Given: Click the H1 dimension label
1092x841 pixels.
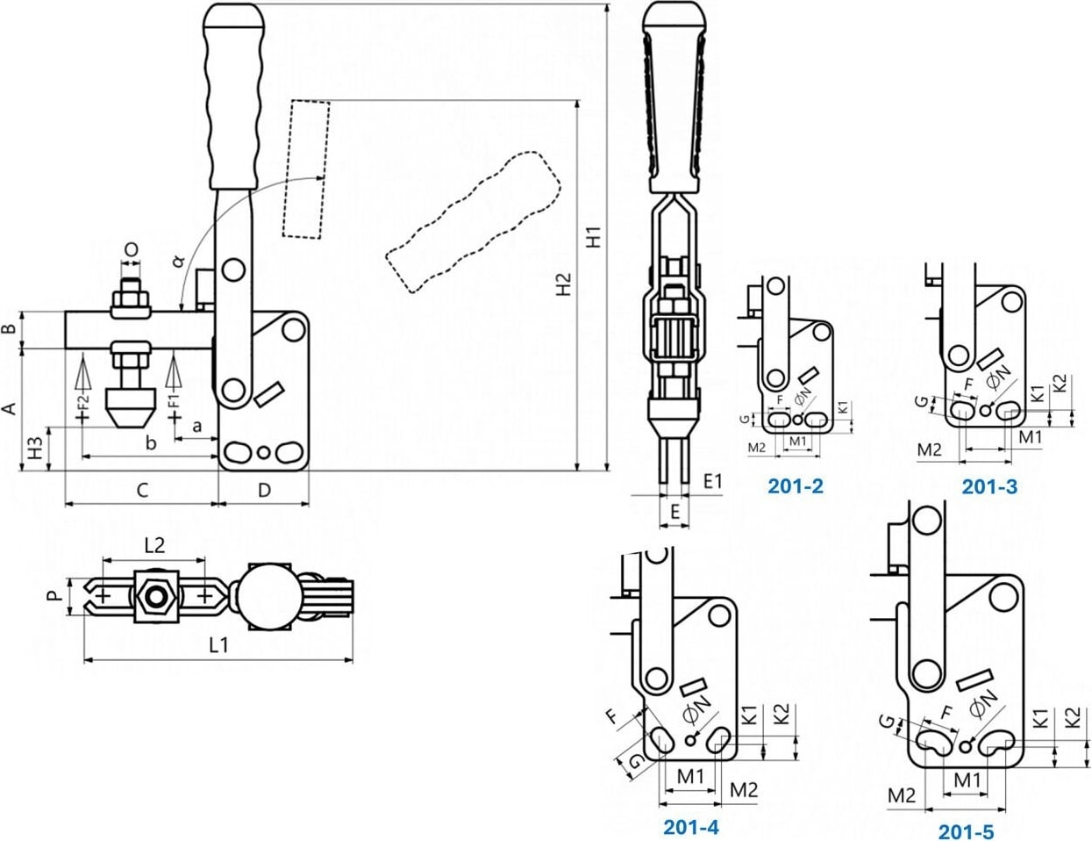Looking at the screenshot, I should (x=596, y=237).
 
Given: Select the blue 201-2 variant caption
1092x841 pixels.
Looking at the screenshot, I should (x=796, y=485).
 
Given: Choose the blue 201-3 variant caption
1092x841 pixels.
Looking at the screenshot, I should (x=989, y=486).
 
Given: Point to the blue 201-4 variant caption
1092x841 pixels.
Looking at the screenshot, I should (x=691, y=827).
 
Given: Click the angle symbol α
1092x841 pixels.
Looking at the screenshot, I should (x=178, y=261).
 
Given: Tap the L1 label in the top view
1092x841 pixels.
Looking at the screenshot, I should (x=218, y=644).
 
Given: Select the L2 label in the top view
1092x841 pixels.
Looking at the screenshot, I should (x=154, y=544).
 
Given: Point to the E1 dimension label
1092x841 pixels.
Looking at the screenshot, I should (x=712, y=480).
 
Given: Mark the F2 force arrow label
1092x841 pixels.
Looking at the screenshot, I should (x=84, y=406).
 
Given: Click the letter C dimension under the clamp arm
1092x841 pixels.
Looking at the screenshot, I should (x=142, y=490).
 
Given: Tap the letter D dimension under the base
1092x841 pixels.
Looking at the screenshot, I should (x=264, y=490).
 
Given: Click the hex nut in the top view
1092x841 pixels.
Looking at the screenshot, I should (x=156, y=597).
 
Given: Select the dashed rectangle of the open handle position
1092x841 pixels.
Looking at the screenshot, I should (x=306, y=169).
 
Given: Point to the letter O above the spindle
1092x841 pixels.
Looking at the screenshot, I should (x=131, y=250).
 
